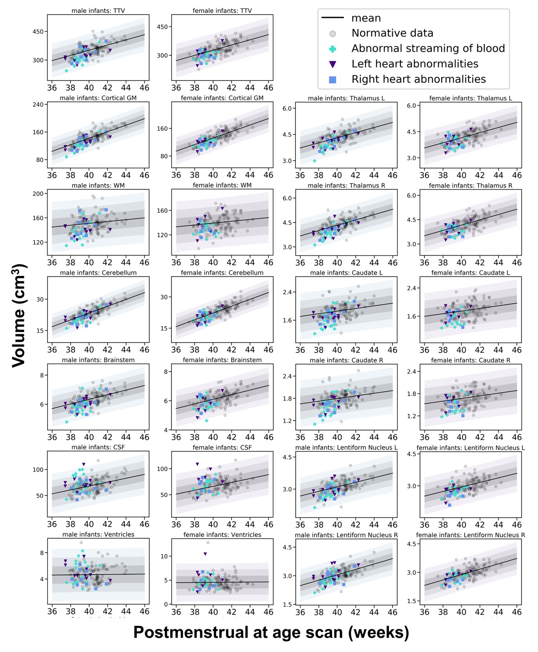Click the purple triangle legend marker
click(x=333, y=64)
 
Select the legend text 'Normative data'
click(x=392, y=33)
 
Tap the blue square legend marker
click(x=333, y=80)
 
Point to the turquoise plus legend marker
click(x=333, y=49)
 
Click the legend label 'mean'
click(x=366, y=18)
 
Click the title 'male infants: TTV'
click(x=98, y=11)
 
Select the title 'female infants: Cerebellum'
click(x=222, y=273)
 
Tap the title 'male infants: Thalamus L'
click(x=346, y=98)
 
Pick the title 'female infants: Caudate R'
click(x=470, y=360)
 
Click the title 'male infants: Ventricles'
click(x=98, y=534)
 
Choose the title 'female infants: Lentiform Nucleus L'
click(x=470, y=448)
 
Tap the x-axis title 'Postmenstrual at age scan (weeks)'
click(x=271, y=632)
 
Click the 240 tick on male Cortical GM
click(x=38, y=105)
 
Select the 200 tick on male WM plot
click(x=38, y=194)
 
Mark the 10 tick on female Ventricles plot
click(x=164, y=556)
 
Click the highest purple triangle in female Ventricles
click(x=205, y=554)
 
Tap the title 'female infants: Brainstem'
click(x=222, y=360)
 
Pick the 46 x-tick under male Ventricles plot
click(x=144, y=612)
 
